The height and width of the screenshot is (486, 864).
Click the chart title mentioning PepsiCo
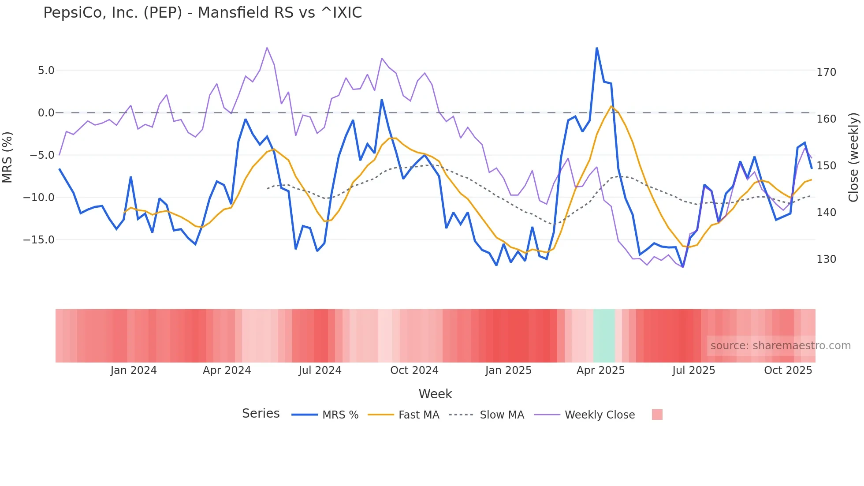click(202, 13)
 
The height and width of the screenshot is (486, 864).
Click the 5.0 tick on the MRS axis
click(46, 71)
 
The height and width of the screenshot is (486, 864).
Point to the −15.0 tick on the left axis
click(39, 240)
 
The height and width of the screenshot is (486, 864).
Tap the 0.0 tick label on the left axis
click(46, 113)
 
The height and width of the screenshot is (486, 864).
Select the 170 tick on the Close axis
click(826, 72)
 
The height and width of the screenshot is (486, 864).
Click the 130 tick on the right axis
click(826, 259)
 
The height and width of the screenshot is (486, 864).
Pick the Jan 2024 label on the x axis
click(134, 370)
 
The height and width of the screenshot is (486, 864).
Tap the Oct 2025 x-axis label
click(788, 370)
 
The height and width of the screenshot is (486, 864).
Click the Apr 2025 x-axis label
click(600, 370)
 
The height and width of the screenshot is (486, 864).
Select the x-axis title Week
click(435, 394)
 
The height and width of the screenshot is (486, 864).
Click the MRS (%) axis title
click(7, 157)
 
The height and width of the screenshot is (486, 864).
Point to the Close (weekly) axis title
click(853, 157)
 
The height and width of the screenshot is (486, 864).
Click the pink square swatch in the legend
click(657, 415)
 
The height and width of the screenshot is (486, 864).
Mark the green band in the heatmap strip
click(604, 336)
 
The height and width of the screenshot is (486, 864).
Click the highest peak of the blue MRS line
click(596, 48)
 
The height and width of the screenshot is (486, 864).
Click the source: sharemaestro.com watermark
click(780, 346)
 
